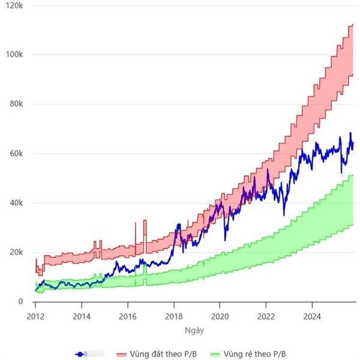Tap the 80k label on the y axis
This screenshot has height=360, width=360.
[x=14, y=104]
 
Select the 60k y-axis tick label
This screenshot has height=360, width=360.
[x=14, y=154]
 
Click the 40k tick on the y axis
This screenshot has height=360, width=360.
[x=14, y=203]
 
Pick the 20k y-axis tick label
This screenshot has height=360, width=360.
[x=14, y=253]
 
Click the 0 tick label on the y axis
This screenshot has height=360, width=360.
[x=20, y=302]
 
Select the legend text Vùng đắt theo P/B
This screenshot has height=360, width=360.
[x=163, y=354]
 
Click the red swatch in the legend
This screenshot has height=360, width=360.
[x=124, y=354]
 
